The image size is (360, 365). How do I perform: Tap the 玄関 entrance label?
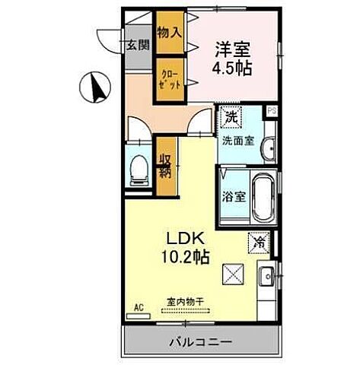137,45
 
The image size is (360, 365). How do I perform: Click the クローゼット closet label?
169,79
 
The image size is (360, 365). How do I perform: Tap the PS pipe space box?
271,111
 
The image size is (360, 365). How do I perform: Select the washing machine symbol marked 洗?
230,118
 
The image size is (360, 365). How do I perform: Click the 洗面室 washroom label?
237,140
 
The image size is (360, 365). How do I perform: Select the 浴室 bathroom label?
232,195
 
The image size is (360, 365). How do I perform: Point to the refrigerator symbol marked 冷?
260,244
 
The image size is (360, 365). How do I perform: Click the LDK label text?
180,236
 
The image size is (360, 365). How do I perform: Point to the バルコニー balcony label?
200,341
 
